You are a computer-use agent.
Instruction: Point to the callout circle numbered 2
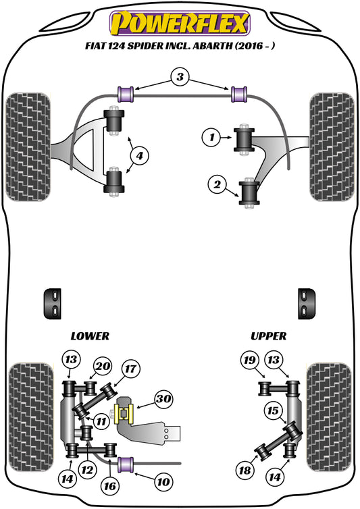[217, 183]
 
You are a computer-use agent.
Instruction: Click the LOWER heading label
[89, 336]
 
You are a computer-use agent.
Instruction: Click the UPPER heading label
[268, 336]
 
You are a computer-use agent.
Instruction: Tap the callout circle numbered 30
[163, 399]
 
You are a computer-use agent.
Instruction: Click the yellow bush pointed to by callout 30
[124, 411]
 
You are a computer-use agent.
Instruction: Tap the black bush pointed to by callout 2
[251, 192]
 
